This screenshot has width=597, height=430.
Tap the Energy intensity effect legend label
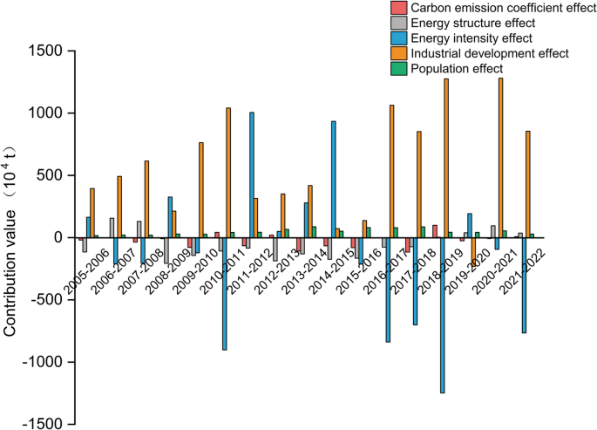click(x=471, y=38)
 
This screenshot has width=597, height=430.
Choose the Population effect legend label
click(x=457, y=68)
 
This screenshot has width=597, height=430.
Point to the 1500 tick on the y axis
click(x=44, y=51)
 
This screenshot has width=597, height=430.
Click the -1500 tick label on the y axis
click(x=40, y=425)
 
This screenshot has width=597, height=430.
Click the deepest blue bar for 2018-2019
click(x=442, y=315)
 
